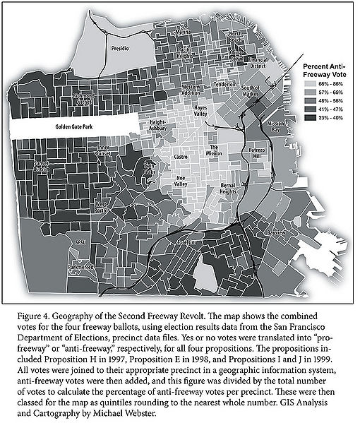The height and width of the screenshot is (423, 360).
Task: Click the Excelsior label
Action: [203, 242]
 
